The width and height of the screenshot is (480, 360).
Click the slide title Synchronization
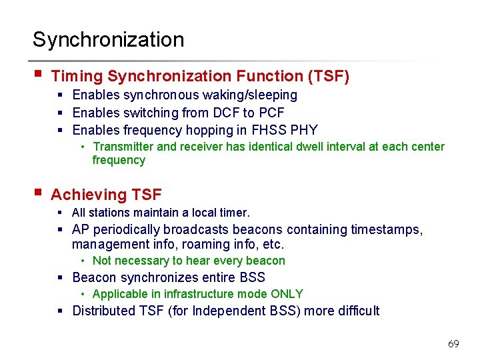tap(108, 39)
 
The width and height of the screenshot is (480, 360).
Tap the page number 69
tap(453, 344)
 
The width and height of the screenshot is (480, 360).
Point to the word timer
tap(235, 213)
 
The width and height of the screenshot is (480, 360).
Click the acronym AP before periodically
tap(83, 230)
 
